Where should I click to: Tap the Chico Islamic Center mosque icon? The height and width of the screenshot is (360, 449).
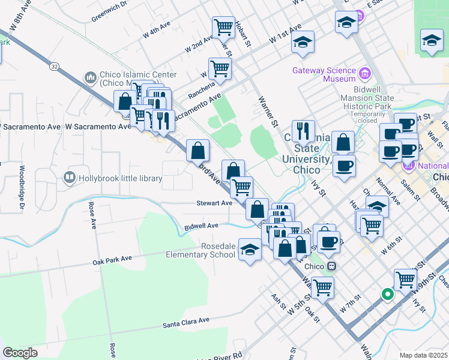91,77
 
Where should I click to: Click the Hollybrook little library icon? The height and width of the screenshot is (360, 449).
70,178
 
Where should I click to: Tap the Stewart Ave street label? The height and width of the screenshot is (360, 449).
214,203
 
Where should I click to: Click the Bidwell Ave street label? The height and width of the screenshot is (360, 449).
201,226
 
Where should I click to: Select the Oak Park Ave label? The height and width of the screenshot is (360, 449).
112,260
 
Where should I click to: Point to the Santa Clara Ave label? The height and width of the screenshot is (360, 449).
185,323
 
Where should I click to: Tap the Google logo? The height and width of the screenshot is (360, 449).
20,352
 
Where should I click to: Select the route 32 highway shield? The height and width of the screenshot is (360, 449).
55,67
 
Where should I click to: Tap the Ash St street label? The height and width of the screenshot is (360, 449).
277,302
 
